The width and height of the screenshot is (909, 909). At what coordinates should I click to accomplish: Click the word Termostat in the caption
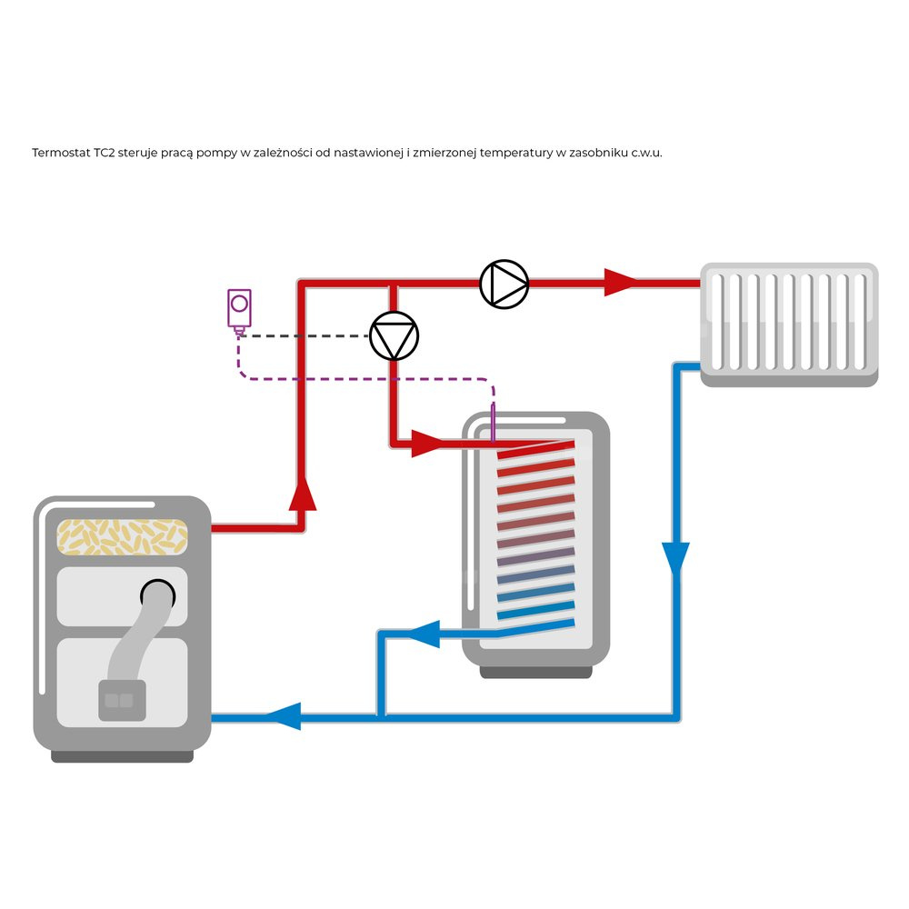pyautogui.click(x=60, y=153)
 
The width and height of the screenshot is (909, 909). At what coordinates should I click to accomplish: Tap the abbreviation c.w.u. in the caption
pyautogui.click(x=646, y=153)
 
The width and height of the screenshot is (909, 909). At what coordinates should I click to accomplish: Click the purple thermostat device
pyautogui.click(x=239, y=309)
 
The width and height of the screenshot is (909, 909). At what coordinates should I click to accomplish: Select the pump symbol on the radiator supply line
pyautogui.click(x=504, y=285)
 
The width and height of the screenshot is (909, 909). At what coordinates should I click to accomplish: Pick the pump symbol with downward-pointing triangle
pyautogui.click(x=394, y=336)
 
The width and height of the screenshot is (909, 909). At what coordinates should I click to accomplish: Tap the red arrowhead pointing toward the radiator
pyautogui.click(x=622, y=283)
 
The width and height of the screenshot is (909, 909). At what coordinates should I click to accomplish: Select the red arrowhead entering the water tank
pyautogui.click(x=425, y=445)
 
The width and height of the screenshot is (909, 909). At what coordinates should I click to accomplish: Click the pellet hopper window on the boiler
pyautogui.click(x=122, y=536)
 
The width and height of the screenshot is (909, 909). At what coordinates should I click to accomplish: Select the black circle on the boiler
pyautogui.click(x=157, y=594)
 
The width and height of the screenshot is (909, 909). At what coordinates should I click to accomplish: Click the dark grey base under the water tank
pyautogui.click(x=535, y=673)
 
